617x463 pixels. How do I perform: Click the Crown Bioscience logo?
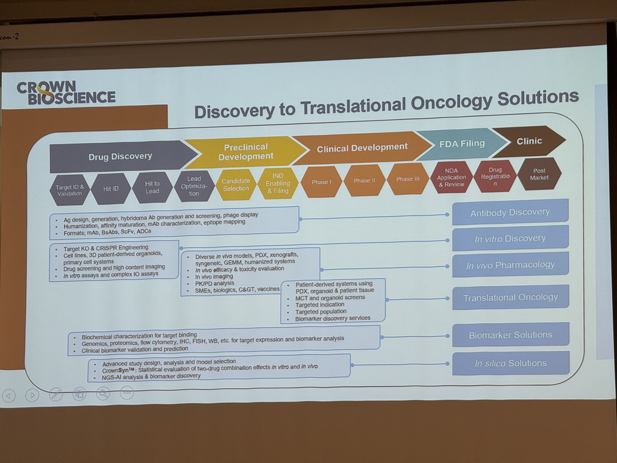pos(66,93)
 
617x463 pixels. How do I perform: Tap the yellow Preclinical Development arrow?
pos(246,151)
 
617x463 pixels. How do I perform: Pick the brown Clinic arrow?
pos(529,141)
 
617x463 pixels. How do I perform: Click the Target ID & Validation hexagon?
pos(69,190)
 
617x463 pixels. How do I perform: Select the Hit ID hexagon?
pos(111,189)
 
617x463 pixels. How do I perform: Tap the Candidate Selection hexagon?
pos(236,184)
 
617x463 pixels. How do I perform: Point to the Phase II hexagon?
pos(365,180)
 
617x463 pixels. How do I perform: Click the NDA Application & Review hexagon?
pos(451,177)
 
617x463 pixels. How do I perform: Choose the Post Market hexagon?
pos(539,174)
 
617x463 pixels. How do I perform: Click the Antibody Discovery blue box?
pos(510,213)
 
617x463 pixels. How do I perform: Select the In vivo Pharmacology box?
pos(510,265)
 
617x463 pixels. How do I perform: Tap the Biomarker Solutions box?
pos(511,335)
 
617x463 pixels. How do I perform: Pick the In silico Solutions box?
pos(511,363)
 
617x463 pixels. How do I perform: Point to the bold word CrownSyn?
pos(115,371)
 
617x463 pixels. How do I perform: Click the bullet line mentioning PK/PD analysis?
pos(215,283)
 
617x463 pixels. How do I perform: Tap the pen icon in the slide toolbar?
pos(55,394)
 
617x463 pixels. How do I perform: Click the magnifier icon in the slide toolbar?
pos(103,393)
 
